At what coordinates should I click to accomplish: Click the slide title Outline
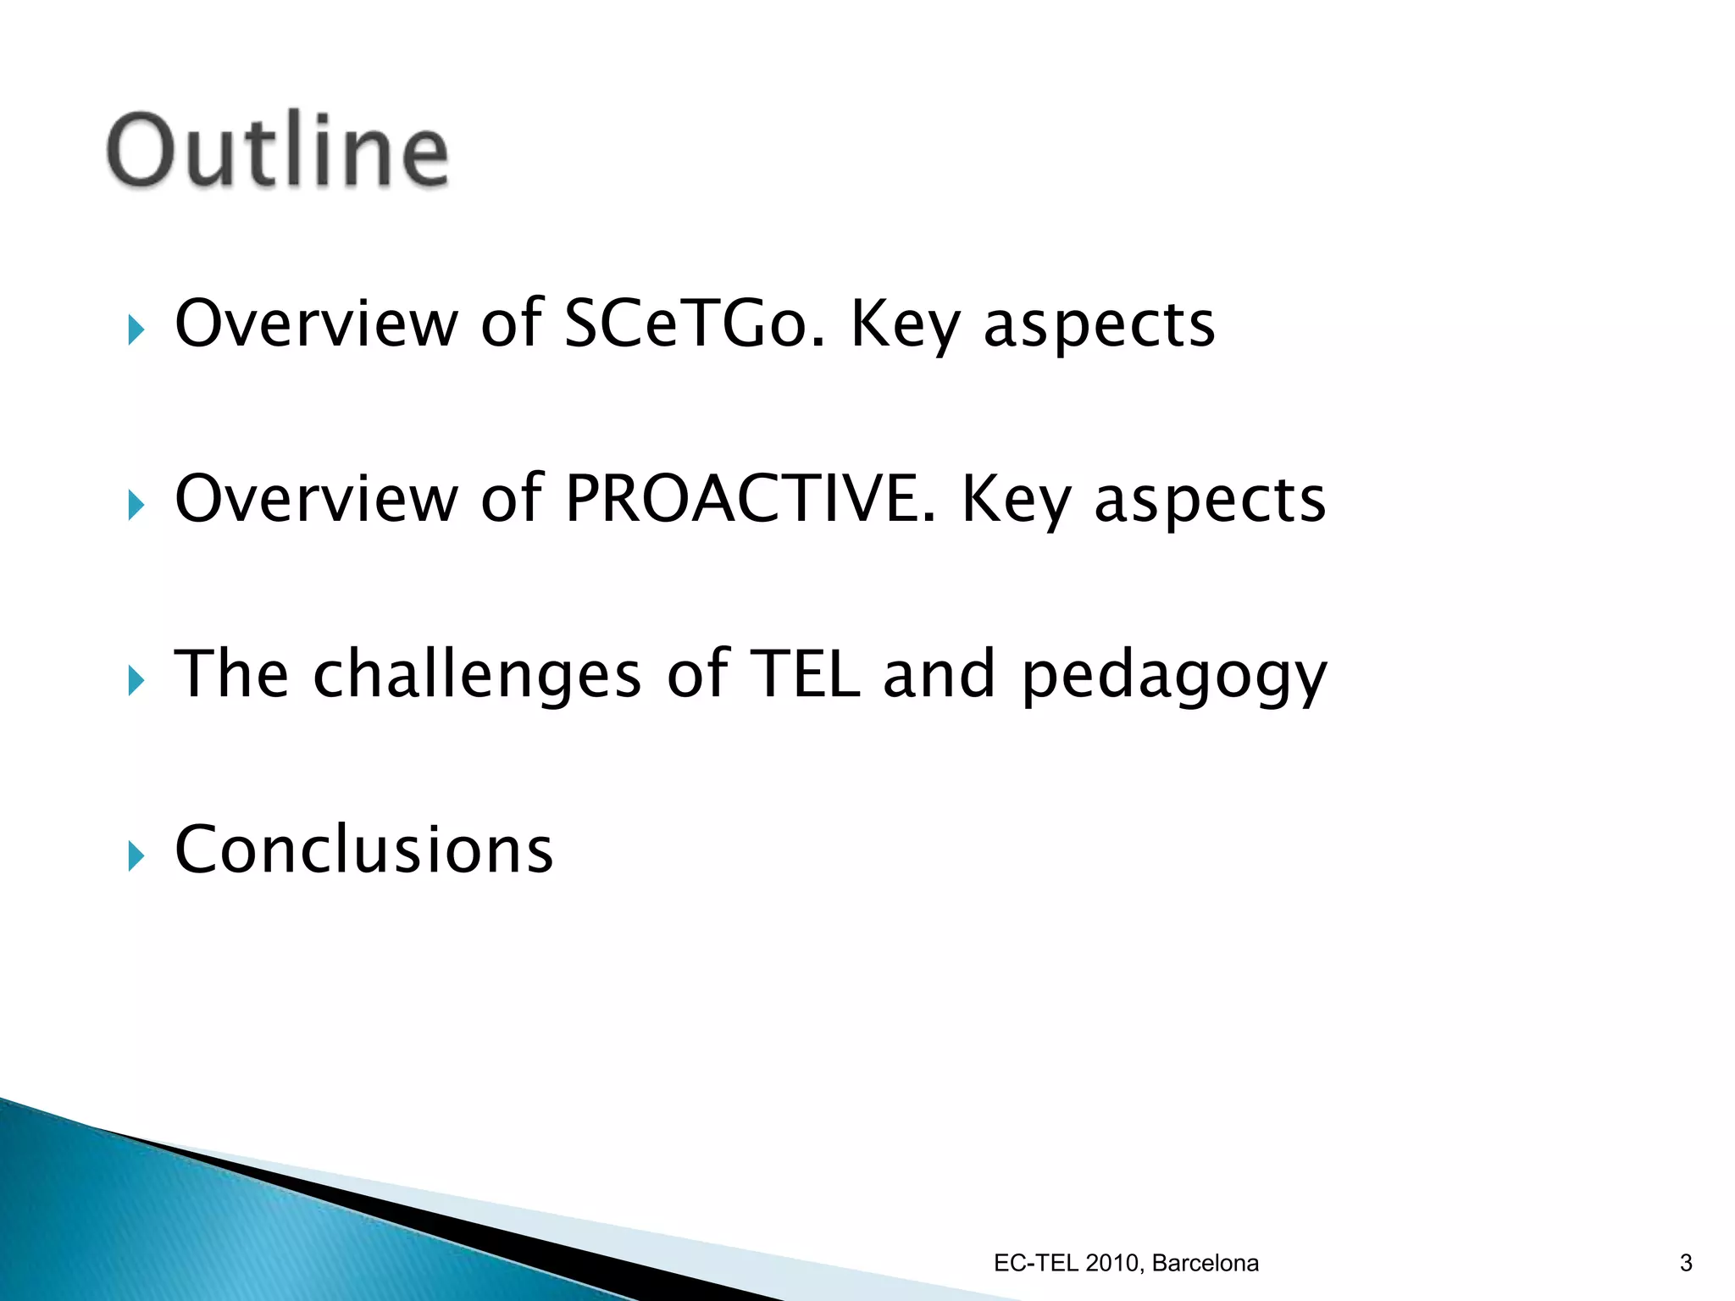pyautogui.click(x=277, y=151)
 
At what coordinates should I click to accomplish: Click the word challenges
pyautogui.click(x=477, y=675)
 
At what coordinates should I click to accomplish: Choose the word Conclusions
pyautogui.click(x=364, y=850)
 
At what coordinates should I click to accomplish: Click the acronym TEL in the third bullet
pyautogui.click(x=806, y=674)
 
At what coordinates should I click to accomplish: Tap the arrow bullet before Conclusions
pyautogui.click(x=136, y=856)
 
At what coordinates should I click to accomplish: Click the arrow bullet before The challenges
pyautogui.click(x=136, y=681)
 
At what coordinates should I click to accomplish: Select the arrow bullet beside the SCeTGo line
pyautogui.click(x=136, y=330)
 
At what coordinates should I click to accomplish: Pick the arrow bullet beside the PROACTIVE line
pyautogui.click(x=136, y=506)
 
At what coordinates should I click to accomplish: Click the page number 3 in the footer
pyautogui.click(x=1685, y=1263)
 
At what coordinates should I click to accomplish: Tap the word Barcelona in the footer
pyautogui.click(x=1205, y=1263)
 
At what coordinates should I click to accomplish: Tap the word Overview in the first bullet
pyautogui.click(x=316, y=324)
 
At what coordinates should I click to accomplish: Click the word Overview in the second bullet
pyautogui.click(x=316, y=499)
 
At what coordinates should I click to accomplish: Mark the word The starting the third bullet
pyautogui.click(x=231, y=674)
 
